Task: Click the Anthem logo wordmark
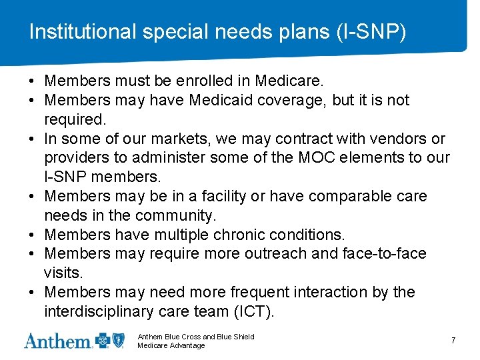click(58, 341)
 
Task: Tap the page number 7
click(453, 341)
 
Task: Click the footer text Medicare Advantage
click(171, 345)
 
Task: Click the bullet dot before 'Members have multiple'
click(32, 235)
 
